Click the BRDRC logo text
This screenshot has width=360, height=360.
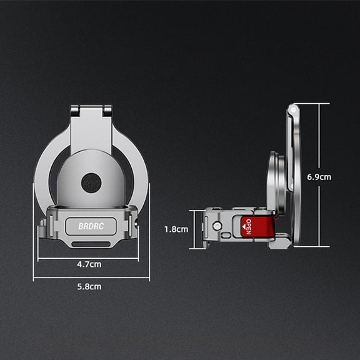[91, 226]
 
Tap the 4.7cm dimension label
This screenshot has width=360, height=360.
[89, 264]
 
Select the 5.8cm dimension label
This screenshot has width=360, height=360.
[89, 287]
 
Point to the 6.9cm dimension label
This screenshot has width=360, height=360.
[319, 177]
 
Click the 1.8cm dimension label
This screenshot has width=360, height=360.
[176, 229]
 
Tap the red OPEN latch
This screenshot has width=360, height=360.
[257, 227]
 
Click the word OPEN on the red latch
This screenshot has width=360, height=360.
[248, 227]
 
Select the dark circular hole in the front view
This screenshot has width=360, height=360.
[91, 182]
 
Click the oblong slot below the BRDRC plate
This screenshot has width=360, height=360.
[91, 244]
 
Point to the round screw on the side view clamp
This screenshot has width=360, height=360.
[217, 226]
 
